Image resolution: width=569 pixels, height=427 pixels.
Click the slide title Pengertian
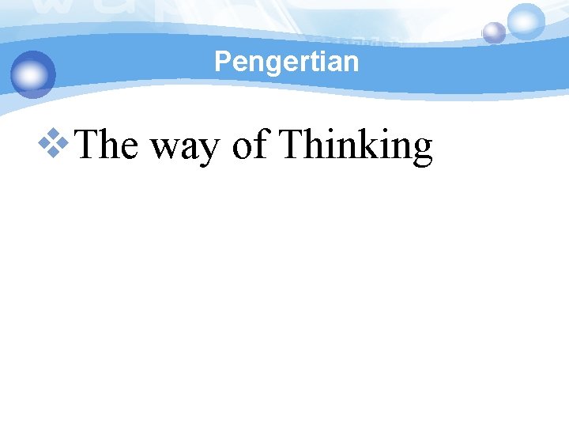point(286,61)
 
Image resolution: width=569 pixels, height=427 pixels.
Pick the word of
point(251,145)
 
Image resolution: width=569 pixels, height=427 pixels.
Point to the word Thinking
point(356,146)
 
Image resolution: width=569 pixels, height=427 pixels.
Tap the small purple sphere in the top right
point(494,32)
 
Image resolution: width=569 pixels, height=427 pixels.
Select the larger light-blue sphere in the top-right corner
point(526,21)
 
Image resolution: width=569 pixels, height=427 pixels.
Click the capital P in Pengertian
point(221,61)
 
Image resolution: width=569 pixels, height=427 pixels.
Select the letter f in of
point(262,144)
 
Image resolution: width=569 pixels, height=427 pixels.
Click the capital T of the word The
point(90,145)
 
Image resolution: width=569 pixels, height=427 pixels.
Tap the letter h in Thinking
point(315,145)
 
